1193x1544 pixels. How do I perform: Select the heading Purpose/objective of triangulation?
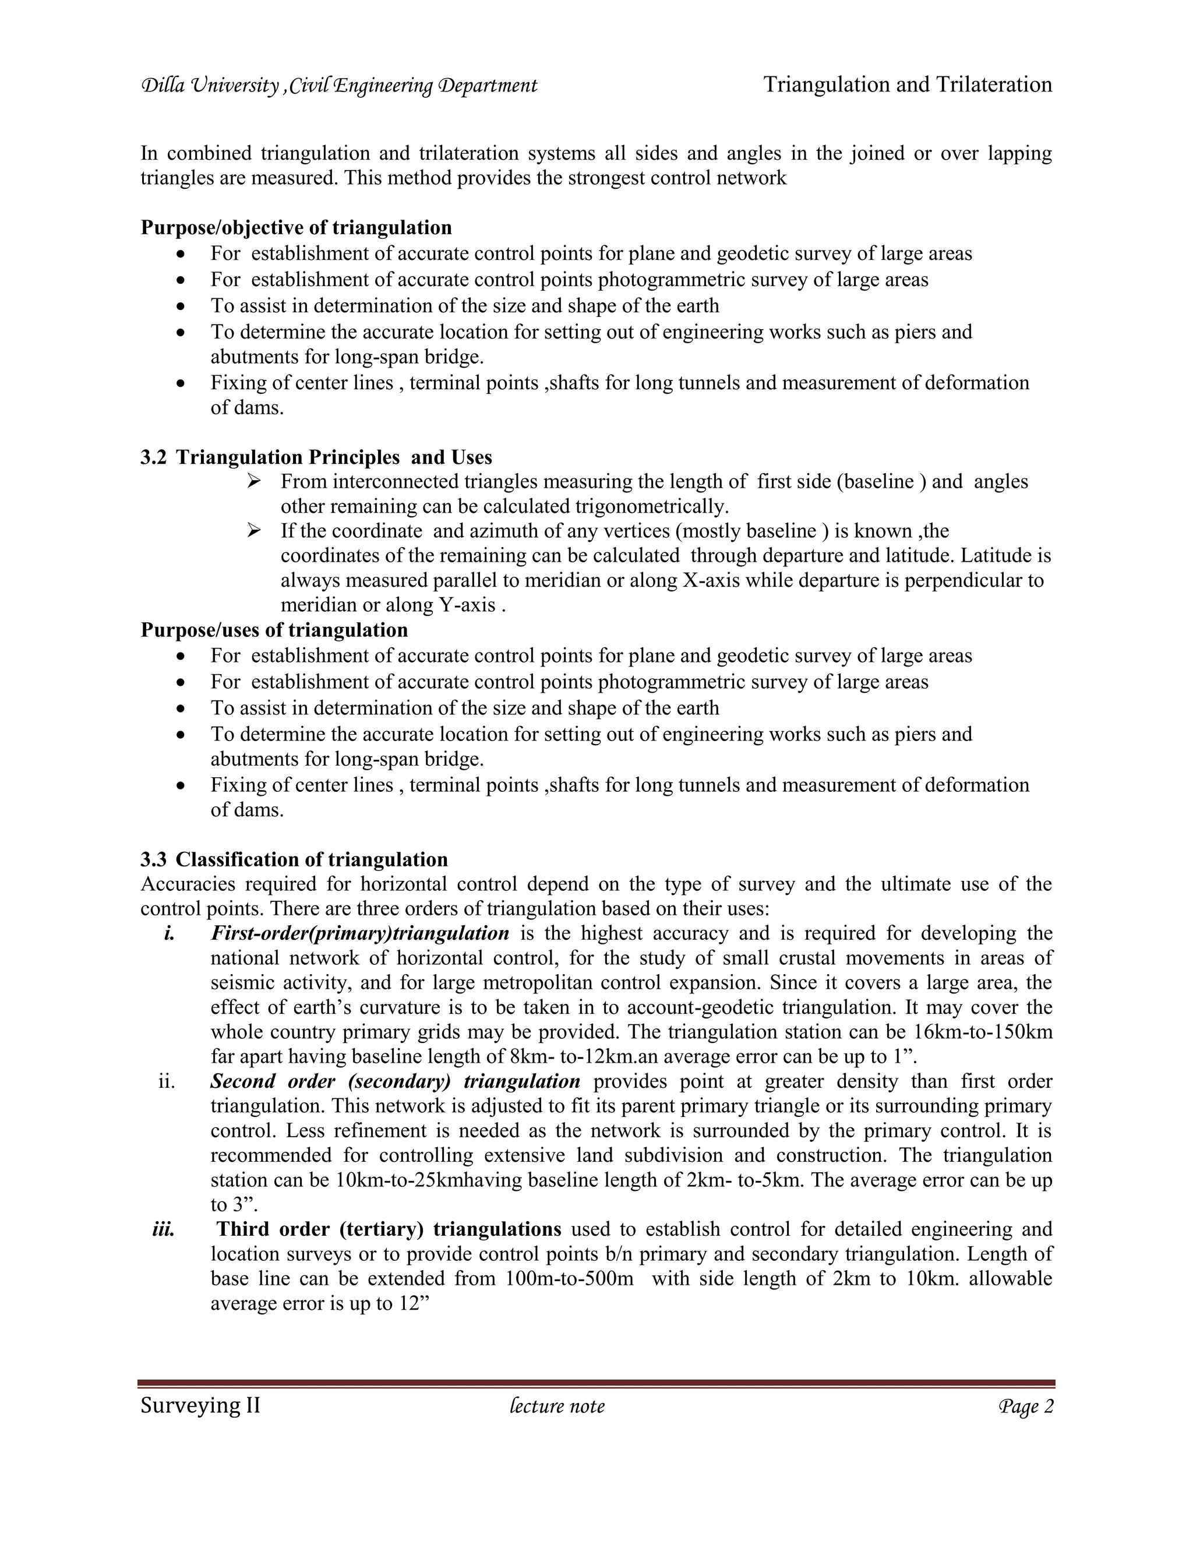pyautogui.click(x=296, y=228)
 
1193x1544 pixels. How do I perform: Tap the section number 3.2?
pyautogui.click(x=153, y=457)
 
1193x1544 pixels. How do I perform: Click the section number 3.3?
pyautogui.click(x=153, y=859)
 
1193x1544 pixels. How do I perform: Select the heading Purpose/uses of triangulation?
pyautogui.click(x=274, y=630)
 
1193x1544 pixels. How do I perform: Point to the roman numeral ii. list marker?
pyautogui.click(x=166, y=1081)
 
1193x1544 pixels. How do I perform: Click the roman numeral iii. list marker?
pyautogui.click(x=163, y=1229)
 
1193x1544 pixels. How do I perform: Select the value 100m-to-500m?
pyautogui.click(x=570, y=1279)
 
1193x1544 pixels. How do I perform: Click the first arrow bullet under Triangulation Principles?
pyautogui.click(x=255, y=481)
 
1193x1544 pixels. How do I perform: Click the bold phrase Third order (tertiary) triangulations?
pyautogui.click(x=389, y=1229)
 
